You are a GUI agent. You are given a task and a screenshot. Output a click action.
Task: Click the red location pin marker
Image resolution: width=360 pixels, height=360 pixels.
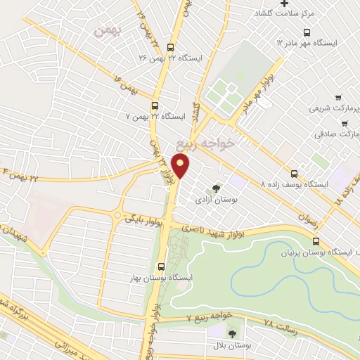pyautogui.click(x=181, y=167)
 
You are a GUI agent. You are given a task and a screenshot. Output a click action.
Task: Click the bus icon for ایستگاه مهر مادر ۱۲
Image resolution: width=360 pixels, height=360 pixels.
pyautogui.click(x=307, y=32)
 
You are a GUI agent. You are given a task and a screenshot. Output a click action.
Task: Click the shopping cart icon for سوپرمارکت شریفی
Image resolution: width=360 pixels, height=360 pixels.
pyautogui.click(x=338, y=98)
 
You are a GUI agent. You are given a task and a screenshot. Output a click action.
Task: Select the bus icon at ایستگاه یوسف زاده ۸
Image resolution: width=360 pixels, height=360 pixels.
pyautogui.click(x=295, y=174)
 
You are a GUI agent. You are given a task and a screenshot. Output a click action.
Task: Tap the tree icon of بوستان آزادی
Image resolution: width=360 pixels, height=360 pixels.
pyautogui.click(x=216, y=187)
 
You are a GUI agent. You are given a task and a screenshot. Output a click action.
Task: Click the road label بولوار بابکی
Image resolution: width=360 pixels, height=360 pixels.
pyautogui.click(x=143, y=220)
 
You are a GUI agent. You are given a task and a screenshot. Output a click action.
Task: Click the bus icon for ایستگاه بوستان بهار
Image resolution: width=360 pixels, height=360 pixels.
pyautogui.click(x=162, y=266)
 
